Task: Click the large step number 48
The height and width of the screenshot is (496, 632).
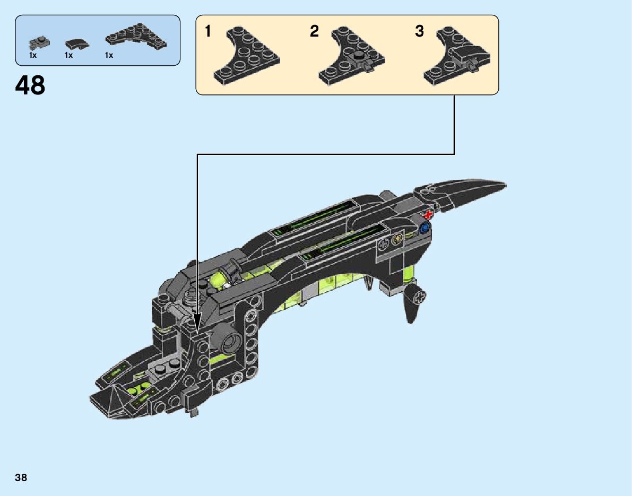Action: click(31, 85)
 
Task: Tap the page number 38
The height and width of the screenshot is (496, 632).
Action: click(21, 477)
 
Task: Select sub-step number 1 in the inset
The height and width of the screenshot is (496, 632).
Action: click(208, 32)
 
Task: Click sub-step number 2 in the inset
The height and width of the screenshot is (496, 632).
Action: click(315, 32)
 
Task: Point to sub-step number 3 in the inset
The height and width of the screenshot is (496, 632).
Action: click(420, 32)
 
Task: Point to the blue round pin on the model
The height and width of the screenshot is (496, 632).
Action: click(424, 229)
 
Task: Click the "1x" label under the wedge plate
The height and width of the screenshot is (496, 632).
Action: click(109, 55)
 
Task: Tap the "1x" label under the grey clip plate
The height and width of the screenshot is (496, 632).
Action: click(33, 55)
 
